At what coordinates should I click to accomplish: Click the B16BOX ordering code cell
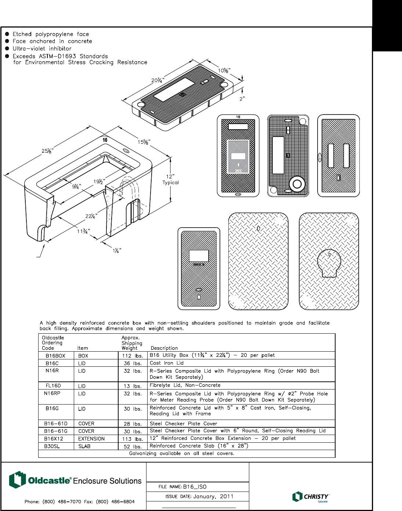pyautogui.click(x=55, y=356)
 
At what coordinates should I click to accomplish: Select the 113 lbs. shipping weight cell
pyautogui.click(x=133, y=439)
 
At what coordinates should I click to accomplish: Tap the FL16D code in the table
pyautogui.click(x=53, y=386)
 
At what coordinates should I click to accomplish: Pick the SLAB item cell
pyautogui.click(x=84, y=446)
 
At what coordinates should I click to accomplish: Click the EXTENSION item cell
pyautogui.click(x=91, y=439)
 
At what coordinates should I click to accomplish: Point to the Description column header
pyautogui.click(x=164, y=348)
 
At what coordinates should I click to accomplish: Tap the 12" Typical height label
pyautogui.click(x=170, y=179)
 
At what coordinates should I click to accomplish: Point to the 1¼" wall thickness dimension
pyautogui.click(x=117, y=251)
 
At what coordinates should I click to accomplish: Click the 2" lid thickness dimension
pyautogui.click(x=242, y=99)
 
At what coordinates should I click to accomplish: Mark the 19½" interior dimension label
pyautogui.click(x=99, y=181)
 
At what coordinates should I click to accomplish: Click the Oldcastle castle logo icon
pyautogui.click(x=17, y=480)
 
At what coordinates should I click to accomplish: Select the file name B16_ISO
pyautogui.click(x=195, y=487)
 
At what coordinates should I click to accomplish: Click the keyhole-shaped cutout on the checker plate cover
pyautogui.click(x=329, y=264)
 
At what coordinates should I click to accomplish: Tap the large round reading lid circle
pyautogui.click(x=297, y=184)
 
